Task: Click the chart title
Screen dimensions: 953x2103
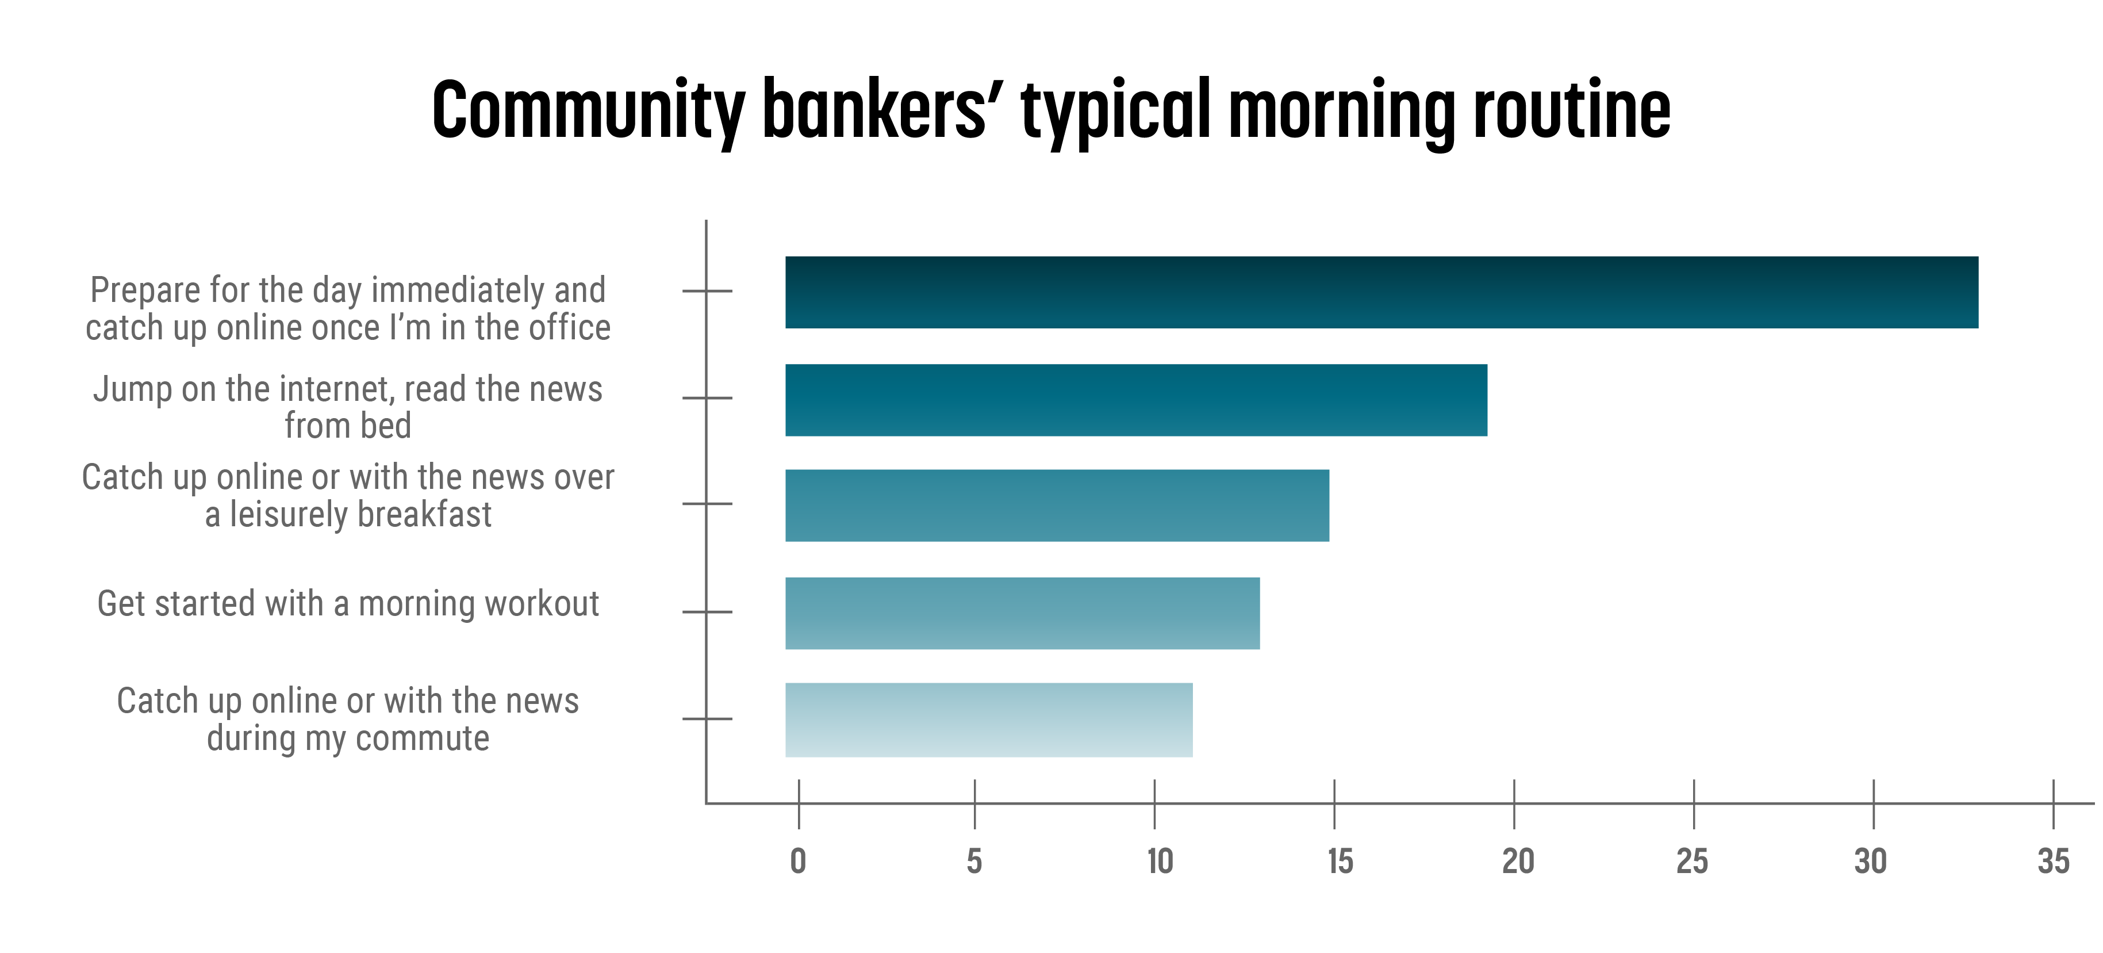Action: [x=1051, y=110]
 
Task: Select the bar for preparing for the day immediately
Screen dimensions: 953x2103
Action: [x=1381, y=292]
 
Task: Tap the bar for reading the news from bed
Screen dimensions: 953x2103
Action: [x=1135, y=400]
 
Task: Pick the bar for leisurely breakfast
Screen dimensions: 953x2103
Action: [x=1057, y=506]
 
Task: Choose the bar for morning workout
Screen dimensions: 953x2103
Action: [x=1022, y=613]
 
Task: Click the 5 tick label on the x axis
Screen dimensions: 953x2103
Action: [x=974, y=862]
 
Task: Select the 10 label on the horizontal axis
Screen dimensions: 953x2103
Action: [x=1159, y=862]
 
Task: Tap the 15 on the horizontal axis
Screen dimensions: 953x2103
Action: [x=1340, y=862]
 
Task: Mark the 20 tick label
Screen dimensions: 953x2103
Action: [x=1518, y=862]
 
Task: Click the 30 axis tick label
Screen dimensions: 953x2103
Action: [x=1870, y=862]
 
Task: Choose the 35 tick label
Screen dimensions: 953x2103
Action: [x=2053, y=862]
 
